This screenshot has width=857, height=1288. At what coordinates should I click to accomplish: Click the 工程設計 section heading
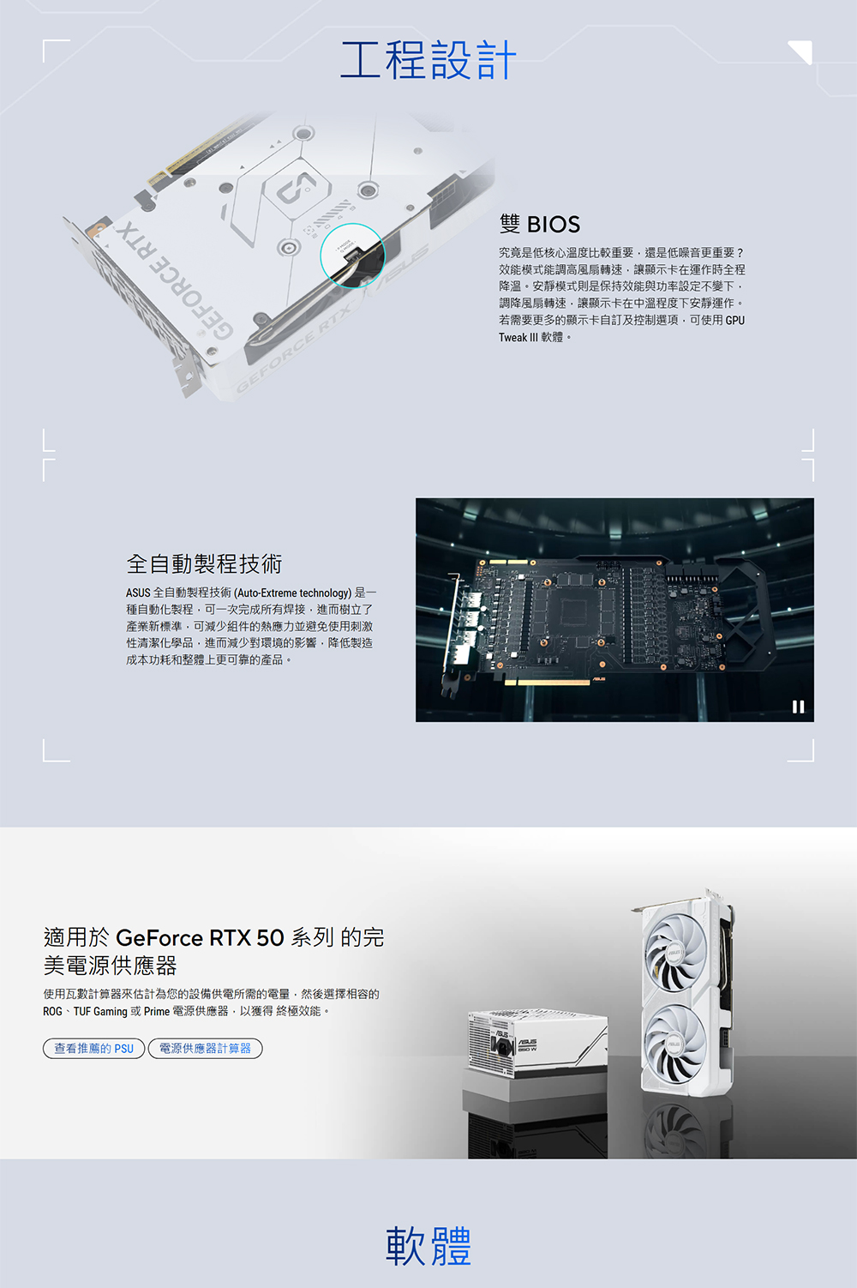pyautogui.click(x=428, y=60)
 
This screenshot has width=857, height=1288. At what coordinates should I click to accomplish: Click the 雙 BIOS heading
pyautogui.click(x=540, y=225)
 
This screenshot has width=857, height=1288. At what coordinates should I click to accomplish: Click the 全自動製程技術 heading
pyautogui.click(x=204, y=564)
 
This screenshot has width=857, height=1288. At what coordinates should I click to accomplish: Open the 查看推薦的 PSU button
pyautogui.click(x=93, y=1048)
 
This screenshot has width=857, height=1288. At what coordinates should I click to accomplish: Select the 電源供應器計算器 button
pyautogui.click(x=205, y=1048)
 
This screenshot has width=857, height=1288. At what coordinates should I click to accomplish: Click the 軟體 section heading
pyautogui.click(x=428, y=1246)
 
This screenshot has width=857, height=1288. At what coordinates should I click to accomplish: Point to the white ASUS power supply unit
pyautogui.click(x=536, y=1044)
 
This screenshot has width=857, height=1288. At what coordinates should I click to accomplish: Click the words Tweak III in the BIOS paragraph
pyautogui.click(x=518, y=338)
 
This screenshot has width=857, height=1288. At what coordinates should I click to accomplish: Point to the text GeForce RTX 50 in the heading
pyautogui.click(x=200, y=938)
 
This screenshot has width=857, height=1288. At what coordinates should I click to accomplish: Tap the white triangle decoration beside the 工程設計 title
pyautogui.click(x=801, y=51)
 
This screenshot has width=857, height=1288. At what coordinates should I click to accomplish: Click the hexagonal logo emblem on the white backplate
pyautogui.click(x=297, y=184)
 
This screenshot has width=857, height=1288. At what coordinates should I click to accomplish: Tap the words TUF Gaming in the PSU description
pyautogui.click(x=100, y=1011)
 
